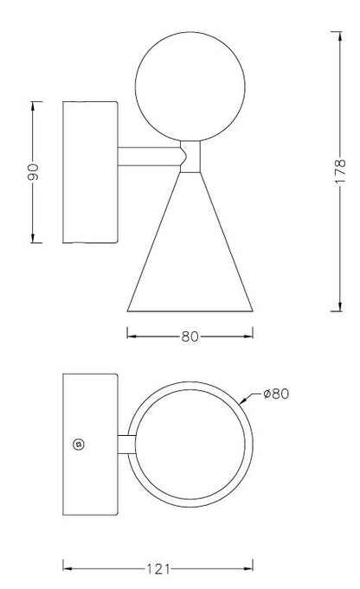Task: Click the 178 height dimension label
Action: coord(340,171)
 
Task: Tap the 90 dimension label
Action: coord(33,171)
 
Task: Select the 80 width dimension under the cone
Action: coord(190,336)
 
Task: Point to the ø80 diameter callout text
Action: coord(276,394)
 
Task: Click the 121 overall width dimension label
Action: coord(157,569)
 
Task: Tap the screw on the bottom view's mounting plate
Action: coord(79,445)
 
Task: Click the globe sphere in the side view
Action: coord(190,86)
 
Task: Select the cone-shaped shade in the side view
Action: coord(190,242)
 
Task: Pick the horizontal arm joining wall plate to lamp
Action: coord(149,157)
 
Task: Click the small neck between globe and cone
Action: coord(190,157)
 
